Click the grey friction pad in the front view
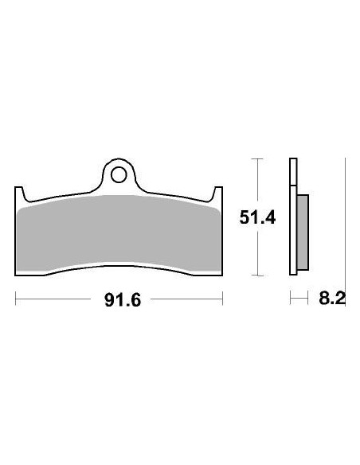119,235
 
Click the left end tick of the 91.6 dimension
16,299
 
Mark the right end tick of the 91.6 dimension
223,299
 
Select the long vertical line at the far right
344,223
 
